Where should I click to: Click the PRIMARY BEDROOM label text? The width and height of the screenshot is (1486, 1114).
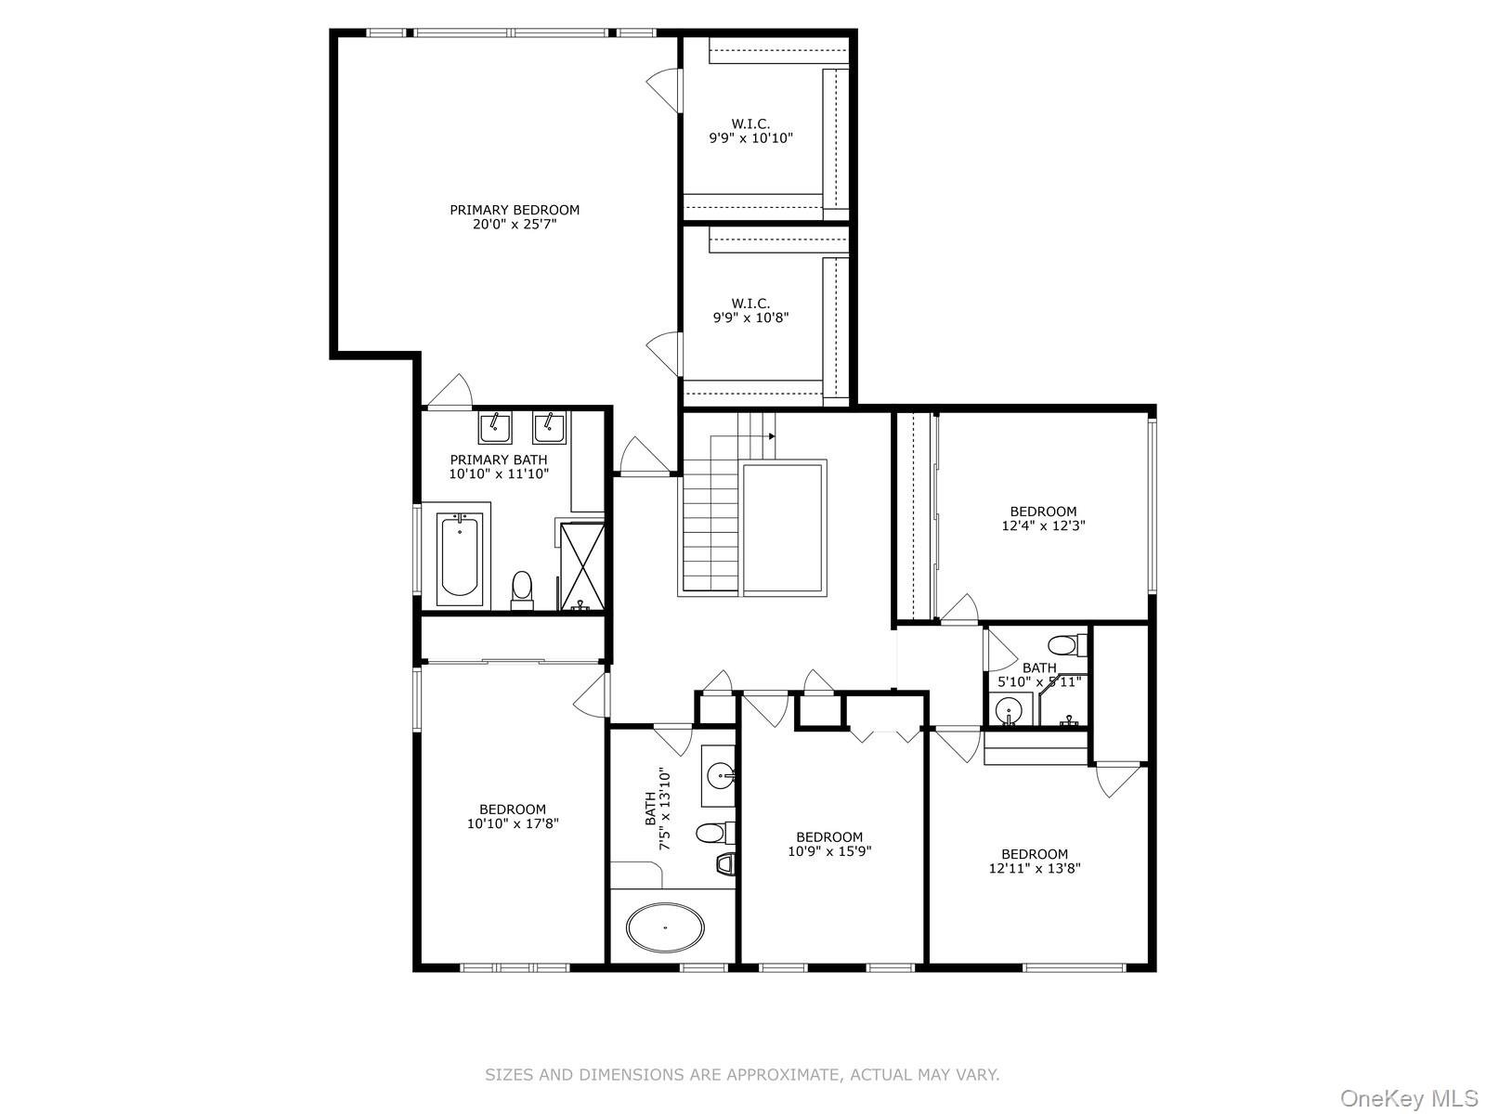coord(515,210)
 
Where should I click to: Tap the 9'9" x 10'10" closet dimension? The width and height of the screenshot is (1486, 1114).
coord(750,138)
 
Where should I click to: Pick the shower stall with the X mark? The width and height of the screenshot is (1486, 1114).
coord(582,564)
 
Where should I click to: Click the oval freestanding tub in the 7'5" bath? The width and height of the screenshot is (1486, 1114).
coord(665,926)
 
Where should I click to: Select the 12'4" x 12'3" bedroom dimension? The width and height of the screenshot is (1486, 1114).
coord(1043,525)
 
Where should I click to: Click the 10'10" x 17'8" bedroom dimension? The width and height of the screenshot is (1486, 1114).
coord(513,823)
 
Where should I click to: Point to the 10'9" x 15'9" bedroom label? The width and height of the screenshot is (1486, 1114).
coord(829,837)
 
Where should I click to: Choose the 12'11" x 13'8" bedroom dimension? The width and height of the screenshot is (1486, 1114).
coord(1035,869)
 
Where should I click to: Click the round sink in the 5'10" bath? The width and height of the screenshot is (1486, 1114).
coord(1008,713)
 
